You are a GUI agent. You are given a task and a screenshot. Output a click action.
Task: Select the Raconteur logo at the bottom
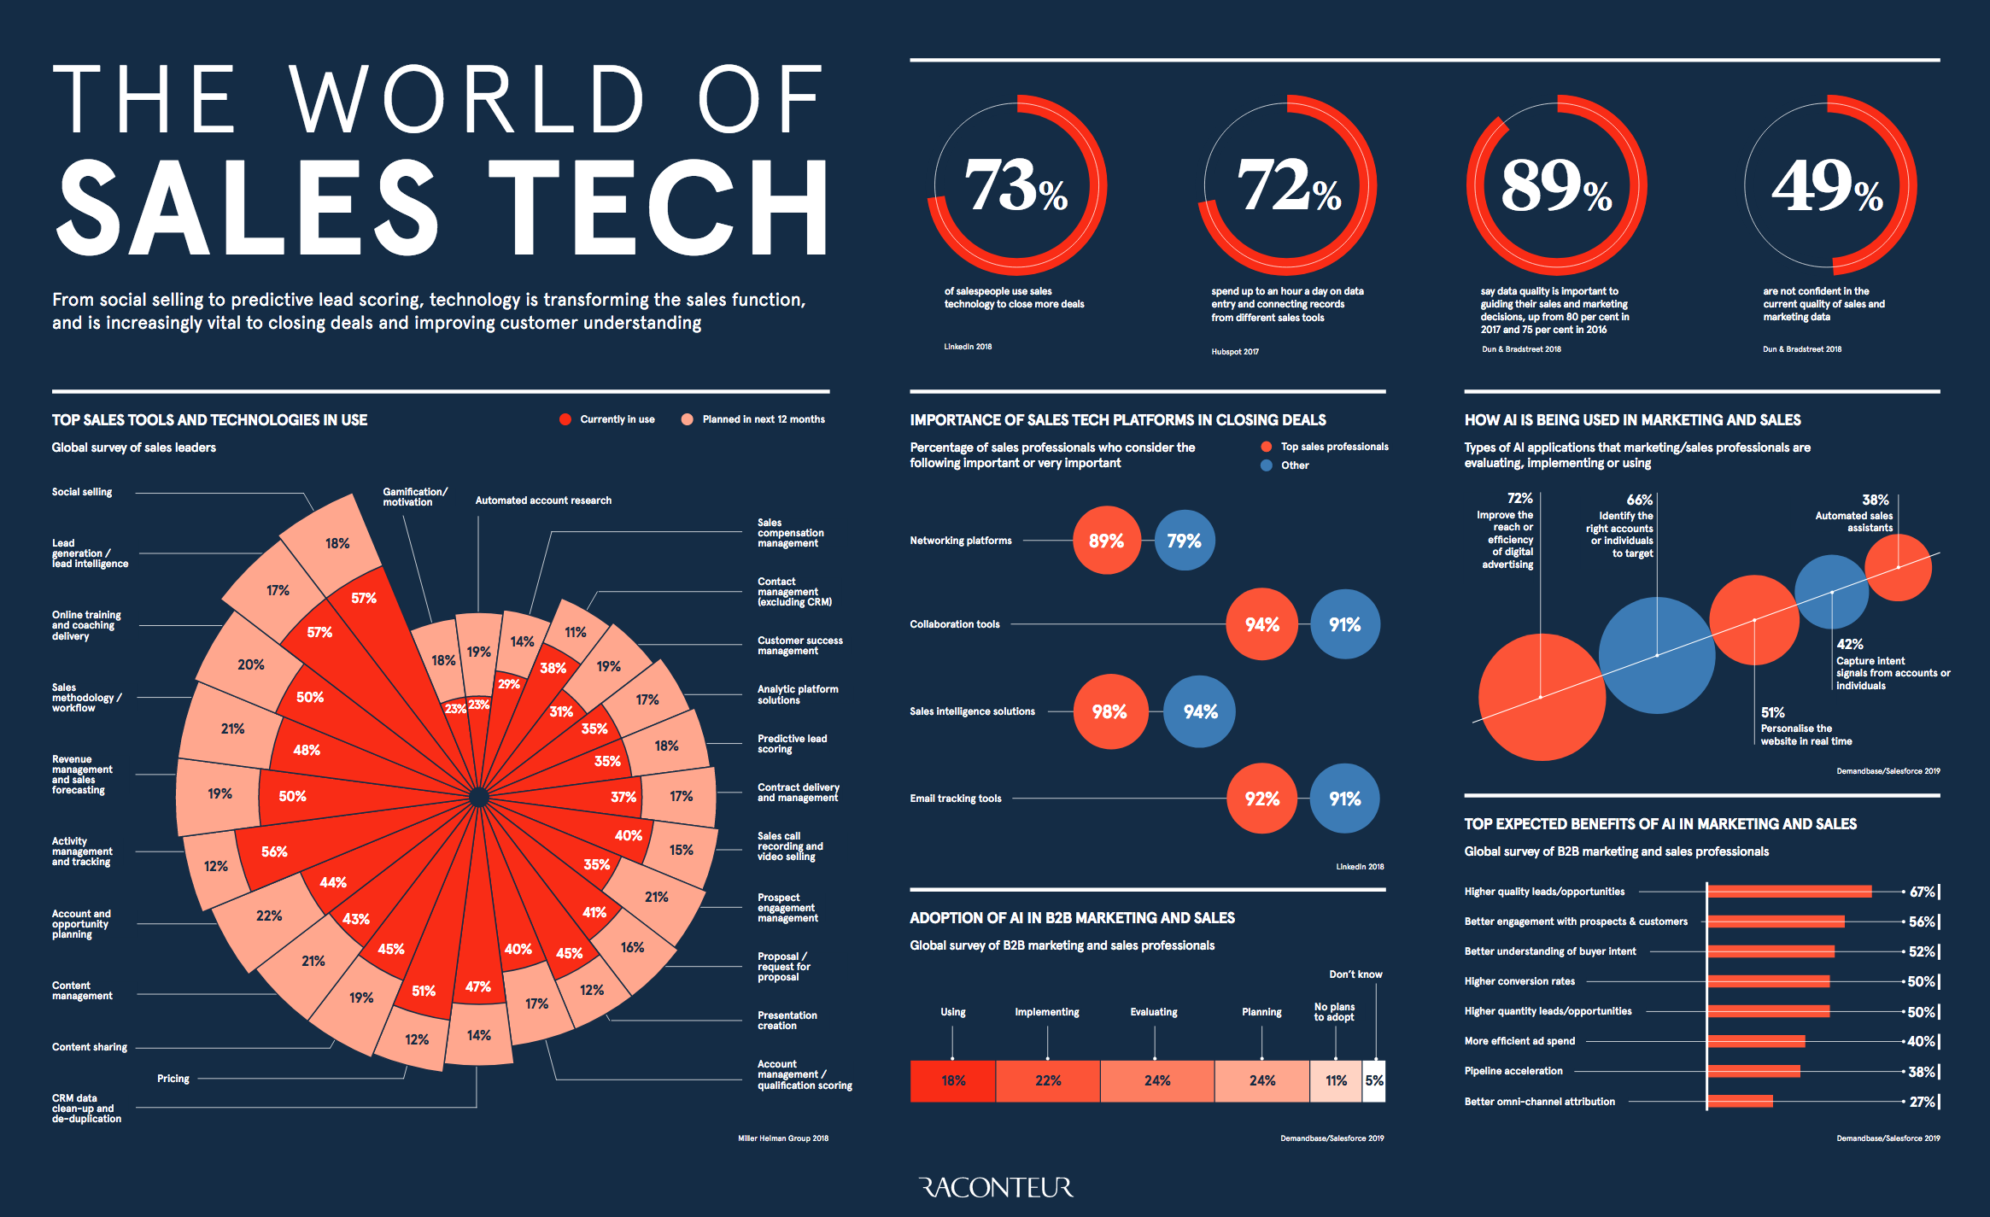click(996, 1187)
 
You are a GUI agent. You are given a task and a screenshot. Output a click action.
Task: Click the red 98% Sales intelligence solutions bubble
click(1109, 711)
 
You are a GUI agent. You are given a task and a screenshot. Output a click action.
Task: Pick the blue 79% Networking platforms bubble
click(1184, 541)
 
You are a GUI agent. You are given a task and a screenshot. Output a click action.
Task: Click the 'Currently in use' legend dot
click(565, 419)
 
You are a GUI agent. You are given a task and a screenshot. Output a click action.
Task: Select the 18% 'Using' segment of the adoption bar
click(953, 1080)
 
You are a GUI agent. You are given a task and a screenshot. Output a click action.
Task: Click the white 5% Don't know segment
click(1373, 1080)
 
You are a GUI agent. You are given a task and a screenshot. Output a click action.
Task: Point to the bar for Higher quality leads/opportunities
click(1789, 892)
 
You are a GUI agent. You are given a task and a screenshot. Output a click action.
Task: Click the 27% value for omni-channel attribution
click(1922, 1102)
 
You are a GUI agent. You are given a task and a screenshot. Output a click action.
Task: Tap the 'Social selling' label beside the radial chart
click(82, 492)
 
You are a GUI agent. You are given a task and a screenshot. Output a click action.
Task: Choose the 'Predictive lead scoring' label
click(792, 743)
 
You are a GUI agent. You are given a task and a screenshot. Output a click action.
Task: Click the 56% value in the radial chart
click(274, 851)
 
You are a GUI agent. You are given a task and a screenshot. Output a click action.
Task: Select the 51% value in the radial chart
click(424, 991)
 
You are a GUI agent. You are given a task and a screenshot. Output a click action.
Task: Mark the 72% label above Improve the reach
click(1519, 498)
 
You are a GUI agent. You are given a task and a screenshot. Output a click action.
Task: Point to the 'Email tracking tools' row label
click(955, 799)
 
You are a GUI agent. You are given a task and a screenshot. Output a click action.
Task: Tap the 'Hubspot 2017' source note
click(1234, 352)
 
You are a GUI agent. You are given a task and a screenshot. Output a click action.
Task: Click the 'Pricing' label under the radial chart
click(173, 1079)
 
